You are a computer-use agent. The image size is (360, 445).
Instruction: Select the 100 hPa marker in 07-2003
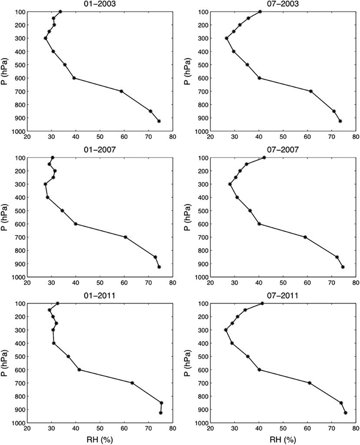(x=260, y=11)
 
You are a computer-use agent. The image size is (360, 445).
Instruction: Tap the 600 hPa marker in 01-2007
(x=76, y=224)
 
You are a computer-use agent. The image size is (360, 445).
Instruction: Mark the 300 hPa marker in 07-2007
(x=230, y=184)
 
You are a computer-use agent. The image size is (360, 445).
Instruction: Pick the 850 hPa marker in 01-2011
(x=162, y=403)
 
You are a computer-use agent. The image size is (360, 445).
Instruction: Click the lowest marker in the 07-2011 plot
(x=346, y=413)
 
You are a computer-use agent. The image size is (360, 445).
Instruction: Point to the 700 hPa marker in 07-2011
(x=310, y=383)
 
